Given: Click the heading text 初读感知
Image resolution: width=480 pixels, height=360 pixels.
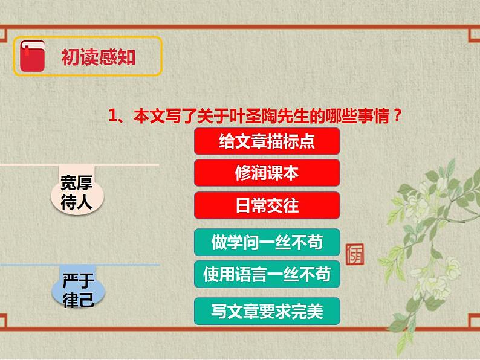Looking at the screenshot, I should [x=98, y=57].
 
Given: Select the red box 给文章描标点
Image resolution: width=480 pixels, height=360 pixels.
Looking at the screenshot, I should [x=267, y=141].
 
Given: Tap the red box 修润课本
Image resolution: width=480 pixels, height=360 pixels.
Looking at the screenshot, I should [x=267, y=173].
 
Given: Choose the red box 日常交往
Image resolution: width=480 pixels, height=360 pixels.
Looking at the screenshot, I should [x=267, y=205].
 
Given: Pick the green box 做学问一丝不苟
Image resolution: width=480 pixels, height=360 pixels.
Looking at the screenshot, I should [x=267, y=242].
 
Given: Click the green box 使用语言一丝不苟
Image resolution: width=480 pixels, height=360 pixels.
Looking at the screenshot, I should [x=267, y=274].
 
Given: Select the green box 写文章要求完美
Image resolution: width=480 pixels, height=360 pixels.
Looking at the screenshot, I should [x=267, y=311].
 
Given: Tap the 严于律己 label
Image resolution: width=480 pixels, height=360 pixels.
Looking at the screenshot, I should [x=78, y=290].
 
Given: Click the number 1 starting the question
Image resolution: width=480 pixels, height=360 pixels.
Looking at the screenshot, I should [x=112, y=115].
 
